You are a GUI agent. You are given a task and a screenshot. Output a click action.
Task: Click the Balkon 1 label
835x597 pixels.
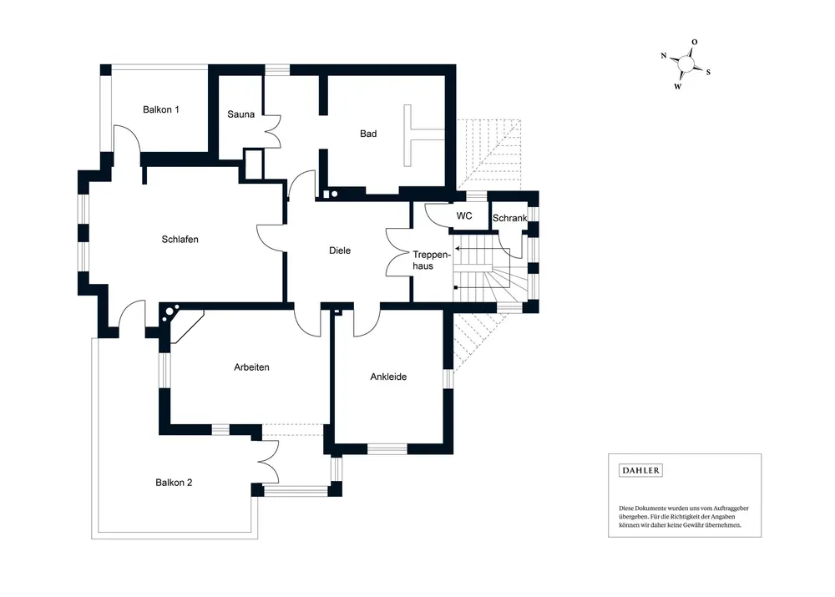coord(161,109)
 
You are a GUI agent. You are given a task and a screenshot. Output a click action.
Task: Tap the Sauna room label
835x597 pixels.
coord(240,114)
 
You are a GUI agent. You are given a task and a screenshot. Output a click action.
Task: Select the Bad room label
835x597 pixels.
coord(368,134)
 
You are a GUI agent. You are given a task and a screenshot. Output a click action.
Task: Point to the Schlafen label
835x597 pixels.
coord(180,240)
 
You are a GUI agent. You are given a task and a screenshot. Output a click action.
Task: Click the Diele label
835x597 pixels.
coord(340,250)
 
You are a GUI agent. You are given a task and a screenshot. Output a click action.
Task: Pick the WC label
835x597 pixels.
coord(463,215)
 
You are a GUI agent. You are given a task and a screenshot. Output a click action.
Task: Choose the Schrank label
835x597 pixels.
coord(509,218)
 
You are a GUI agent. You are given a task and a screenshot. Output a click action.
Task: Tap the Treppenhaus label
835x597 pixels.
coord(432,261)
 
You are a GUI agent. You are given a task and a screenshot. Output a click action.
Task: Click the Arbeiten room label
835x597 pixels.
coord(251,367)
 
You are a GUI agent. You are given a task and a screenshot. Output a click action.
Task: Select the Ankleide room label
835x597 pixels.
coord(388,377)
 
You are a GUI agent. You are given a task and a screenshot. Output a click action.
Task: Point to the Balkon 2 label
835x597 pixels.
coord(174,483)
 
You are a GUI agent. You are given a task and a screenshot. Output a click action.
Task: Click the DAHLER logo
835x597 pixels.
coord(640,470)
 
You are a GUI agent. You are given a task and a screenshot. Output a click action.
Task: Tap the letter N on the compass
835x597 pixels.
coord(664,55)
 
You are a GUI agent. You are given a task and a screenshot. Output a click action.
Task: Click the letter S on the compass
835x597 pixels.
coord(708,72)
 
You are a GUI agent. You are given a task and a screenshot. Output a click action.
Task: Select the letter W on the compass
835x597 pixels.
coord(677,86)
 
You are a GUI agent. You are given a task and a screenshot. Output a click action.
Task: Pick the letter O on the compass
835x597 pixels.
coord(695,42)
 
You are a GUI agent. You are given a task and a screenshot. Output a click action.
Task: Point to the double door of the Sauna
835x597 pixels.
coord(272,132)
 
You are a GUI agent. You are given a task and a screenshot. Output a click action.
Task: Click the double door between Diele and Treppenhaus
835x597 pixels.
coord(399,252)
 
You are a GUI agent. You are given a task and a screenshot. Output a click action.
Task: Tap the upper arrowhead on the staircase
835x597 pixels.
coord(457,248)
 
